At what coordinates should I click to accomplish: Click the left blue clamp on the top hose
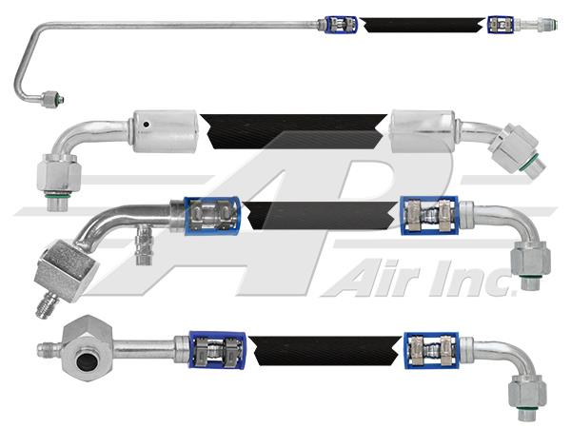[340, 22]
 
